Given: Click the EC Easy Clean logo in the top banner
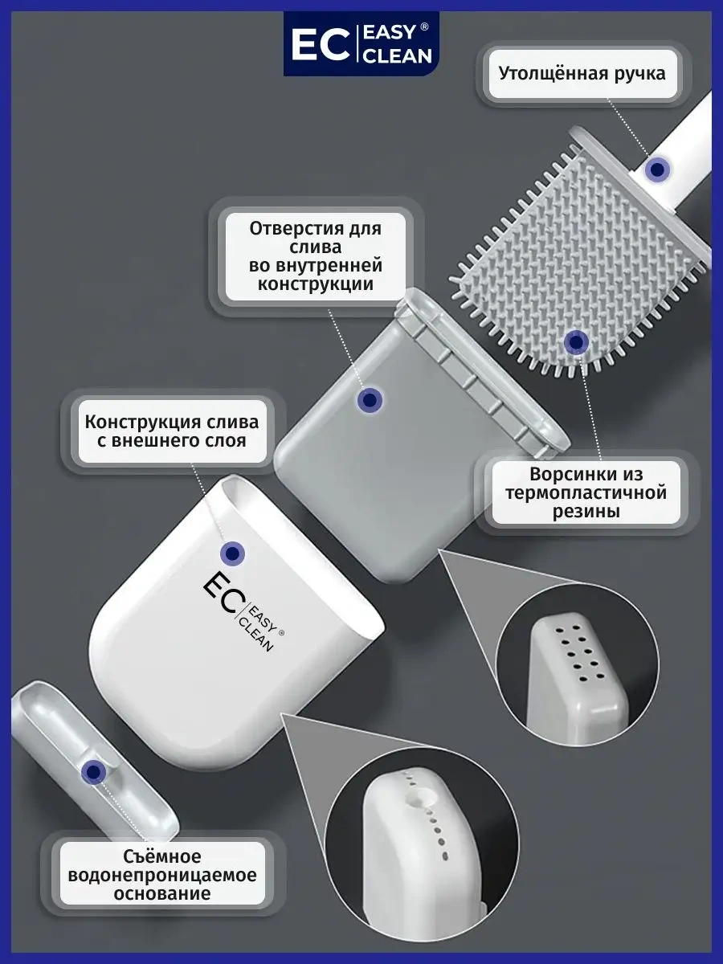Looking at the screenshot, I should click(x=361, y=43).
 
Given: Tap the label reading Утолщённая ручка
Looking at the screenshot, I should click(x=582, y=74).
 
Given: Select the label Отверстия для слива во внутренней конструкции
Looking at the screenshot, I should click(x=315, y=255).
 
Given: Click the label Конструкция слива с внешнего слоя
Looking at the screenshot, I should click(x=173, y=431).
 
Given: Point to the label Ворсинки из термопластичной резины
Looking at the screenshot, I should click(x=586, y=492).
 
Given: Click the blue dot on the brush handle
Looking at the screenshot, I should click(x=658, y=170).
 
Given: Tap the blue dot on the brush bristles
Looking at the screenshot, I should click(x=575, y=343).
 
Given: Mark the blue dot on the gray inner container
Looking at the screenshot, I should click(x=370, y=399).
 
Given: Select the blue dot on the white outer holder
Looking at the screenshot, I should click(x=232, y=553).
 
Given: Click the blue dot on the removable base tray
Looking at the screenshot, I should click(x=94, y=772).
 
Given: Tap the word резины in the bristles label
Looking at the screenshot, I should click(x=586, y=512).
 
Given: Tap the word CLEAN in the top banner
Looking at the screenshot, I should click(x=398, y=56).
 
